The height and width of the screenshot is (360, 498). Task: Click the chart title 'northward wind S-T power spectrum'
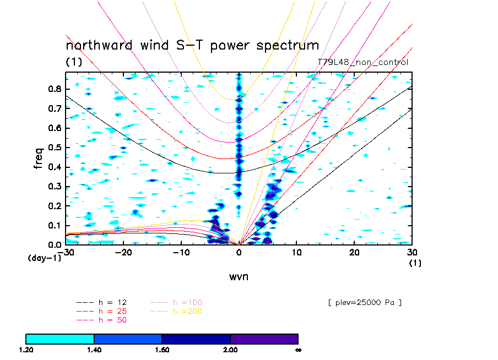point(192,45)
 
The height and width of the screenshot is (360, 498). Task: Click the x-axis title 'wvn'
point(239,276)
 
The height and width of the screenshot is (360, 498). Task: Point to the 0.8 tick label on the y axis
point(54,89)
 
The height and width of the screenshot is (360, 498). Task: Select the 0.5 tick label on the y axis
point(54,148)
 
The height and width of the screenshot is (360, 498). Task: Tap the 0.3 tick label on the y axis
point(54,187)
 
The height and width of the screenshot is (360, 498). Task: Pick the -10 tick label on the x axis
point(181,252)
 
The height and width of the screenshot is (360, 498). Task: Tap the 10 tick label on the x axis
point(296,252)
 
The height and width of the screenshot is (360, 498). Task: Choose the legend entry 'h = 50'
point(110,320)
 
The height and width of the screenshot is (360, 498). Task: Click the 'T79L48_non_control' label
point(363,62)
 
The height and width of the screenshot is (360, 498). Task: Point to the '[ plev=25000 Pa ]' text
point(364,302)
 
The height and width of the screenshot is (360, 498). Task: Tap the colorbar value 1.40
point(94,350)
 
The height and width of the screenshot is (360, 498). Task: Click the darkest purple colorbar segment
point(264,339)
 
